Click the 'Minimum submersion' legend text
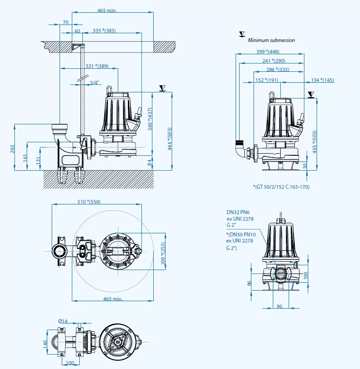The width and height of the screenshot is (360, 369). pyautogui.click(x=271, y=40)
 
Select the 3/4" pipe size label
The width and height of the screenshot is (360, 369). pyautogui.click(x=94, y=82)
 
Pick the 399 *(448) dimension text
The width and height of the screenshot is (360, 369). pyautogui.click(x=268, y=52)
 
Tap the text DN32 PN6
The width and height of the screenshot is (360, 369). pyautogui.click(x=237, y=211)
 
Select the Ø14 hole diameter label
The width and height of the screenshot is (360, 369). pyautogui.click(x=64, y=321)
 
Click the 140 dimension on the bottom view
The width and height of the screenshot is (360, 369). pyautogui.click(x=45, y=344)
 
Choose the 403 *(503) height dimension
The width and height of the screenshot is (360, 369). pyautogui.click(x=314, y=142)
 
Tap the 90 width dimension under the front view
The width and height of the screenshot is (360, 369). pyautogui.click(x=279, y=306)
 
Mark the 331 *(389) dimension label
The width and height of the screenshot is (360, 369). pyautogui.click(x=97, y=66)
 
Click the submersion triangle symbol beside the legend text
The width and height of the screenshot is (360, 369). pyautogui.click(x=241, y=34)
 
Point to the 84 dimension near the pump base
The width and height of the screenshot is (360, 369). pyautogui.click(x=150, y=162)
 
